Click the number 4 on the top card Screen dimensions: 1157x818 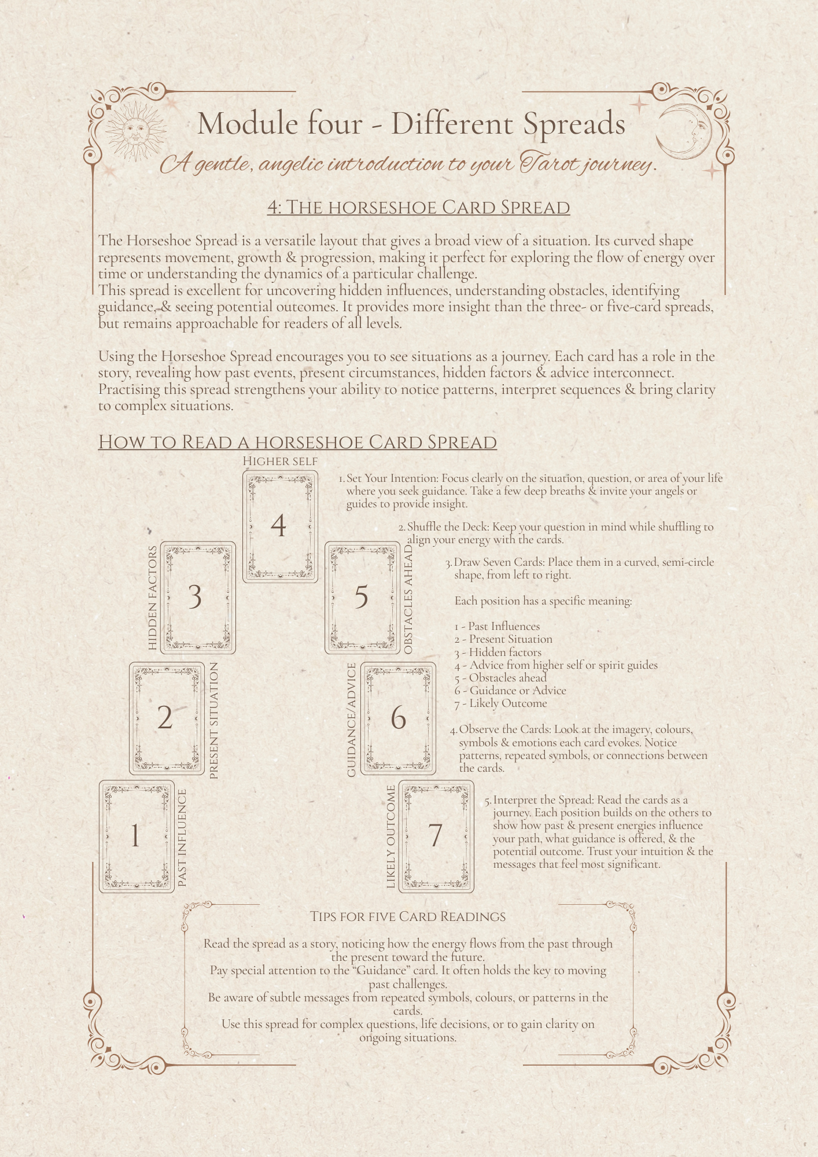(278, 525)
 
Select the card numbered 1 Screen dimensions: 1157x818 (137, 836)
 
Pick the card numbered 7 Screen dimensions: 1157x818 (436, 836)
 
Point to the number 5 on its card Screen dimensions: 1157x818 (361, 596)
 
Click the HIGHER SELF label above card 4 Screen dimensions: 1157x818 (280, 461)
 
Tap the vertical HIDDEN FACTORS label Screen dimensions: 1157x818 (153, 598)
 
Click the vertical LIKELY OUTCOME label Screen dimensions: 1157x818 (391, 837)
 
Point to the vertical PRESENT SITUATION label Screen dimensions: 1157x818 (214, 721)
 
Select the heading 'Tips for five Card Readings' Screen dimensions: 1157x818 (408, 917)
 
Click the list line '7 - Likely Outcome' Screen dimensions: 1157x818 (500, 703)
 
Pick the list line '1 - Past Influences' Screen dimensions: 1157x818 (497, 626)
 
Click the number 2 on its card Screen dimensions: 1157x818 (165, 718)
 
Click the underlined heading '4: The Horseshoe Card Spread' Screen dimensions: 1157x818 (418, 207)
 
